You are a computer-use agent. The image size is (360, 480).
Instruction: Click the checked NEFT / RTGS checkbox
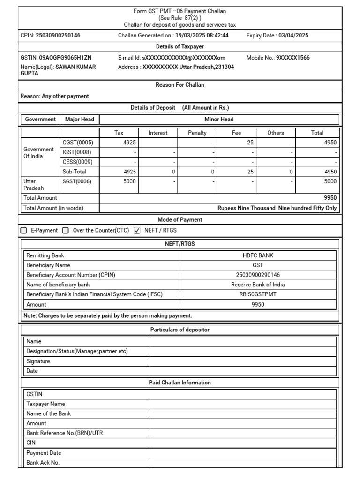pyautogui.click(x=137, y=231)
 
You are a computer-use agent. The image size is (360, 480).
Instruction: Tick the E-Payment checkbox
pyautogui.click(x=24, y=231)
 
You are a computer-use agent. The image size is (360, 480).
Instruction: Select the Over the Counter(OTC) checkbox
pyautogui.click(x=66, y=231)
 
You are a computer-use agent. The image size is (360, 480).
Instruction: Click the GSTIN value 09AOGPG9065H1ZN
pyautogui.click(x=65, y=58)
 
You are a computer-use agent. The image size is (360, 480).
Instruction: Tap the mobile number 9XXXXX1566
pyautogui.click(x=292, y=58)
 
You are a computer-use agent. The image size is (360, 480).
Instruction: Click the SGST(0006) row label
pyautogui.click(x=77, y=181)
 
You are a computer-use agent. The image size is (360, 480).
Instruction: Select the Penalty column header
pyautogui.click(x=197, y=133)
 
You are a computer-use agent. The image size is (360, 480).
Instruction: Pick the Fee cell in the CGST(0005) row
pyautogui.click(x=236, y=142)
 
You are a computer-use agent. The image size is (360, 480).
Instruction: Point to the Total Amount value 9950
pyautogui.click(x=330, y=198)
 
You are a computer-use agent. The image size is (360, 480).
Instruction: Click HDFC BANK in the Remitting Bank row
pyautogui.click(x=258, y=256)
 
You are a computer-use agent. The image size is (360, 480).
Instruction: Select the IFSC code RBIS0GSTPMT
pyautogui.click(x=258, y=294)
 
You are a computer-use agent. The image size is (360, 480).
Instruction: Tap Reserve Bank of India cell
pyautogui.click(x=258, y=285)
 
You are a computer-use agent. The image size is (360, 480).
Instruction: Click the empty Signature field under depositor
pyautogui.click(x=243, y=361)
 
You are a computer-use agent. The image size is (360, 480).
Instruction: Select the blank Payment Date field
pyautogui.click(x=243, y=453)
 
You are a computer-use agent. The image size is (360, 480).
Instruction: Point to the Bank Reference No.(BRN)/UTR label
pyautogui.click(x=65, y=433)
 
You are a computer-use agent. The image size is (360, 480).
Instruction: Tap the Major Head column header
pyautogui.click(x=80, y=120)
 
